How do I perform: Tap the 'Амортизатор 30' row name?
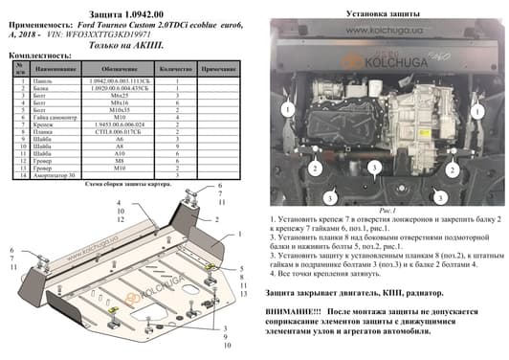[x=59, y=176]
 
